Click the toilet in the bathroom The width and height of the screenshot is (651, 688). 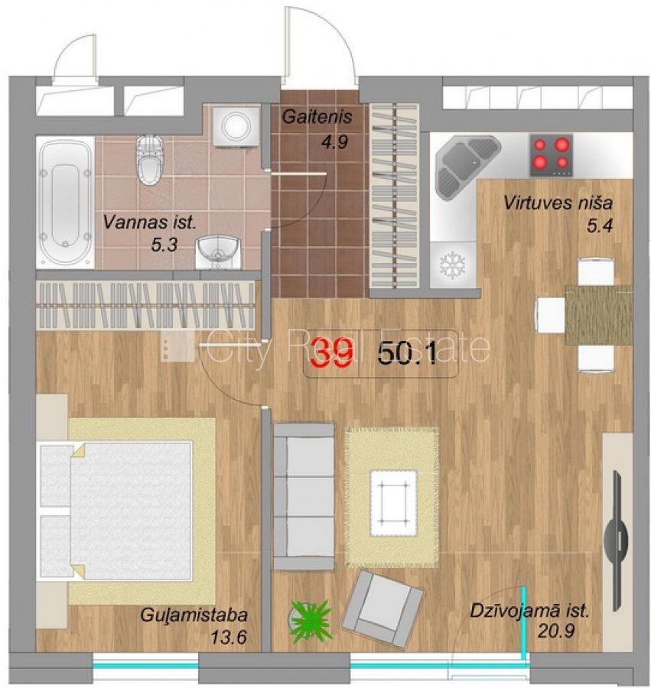(149, 160)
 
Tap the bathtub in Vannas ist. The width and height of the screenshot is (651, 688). (66, 203)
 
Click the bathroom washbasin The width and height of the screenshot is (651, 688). (218, 252)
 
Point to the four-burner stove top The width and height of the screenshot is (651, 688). (552, 155)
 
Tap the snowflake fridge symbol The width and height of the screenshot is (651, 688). (452, 264)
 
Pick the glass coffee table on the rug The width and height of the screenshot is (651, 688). (393, 503)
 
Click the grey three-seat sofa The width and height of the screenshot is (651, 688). (304, 496)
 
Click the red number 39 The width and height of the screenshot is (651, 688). (334, 352)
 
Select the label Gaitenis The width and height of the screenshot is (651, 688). (317, 117)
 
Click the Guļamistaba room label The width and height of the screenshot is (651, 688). (194, 615)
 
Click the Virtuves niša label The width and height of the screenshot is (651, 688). (558, 203)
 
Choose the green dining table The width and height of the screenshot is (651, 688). (598, 315)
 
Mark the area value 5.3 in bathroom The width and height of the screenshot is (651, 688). (164, 245)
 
